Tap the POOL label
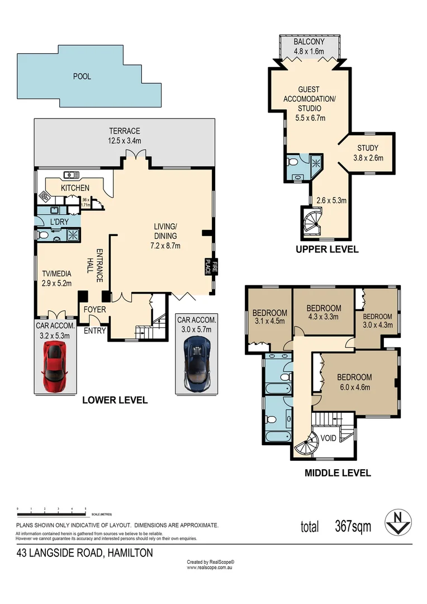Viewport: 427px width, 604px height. tap(82, 77)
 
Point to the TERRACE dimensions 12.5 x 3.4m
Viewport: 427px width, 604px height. tap(124, 140)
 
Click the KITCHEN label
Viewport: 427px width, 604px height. tap(75, 187)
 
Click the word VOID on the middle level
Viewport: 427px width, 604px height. tap(329, 438)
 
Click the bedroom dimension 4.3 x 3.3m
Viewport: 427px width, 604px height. tap(324, 317)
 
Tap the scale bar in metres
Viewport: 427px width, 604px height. tap(51, 510)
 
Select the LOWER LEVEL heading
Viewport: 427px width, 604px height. tap(115, 400)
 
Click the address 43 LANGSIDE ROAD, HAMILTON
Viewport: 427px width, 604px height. tap(84, 553)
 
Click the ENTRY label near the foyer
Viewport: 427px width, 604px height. tap(94, 331)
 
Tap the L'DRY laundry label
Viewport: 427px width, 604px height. tap(59, 222)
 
